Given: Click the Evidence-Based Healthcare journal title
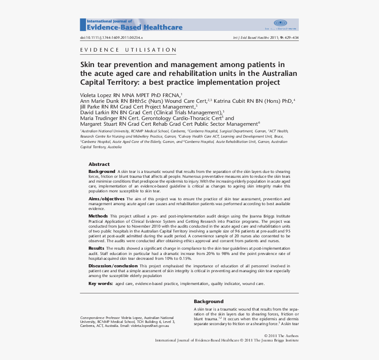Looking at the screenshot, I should point(134,27).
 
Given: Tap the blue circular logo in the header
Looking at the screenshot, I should point(280,23).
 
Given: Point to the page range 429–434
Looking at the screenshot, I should point(290,38).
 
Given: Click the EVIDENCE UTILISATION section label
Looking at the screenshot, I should point(128,50).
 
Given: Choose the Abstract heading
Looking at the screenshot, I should point(99,164).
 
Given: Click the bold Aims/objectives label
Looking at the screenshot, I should point(106,199).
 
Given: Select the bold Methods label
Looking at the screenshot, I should point(98,216).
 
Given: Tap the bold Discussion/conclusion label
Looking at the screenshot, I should point(113,266).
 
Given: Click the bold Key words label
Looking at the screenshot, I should point(100,283).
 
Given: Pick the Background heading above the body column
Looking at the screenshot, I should point(208,301).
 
